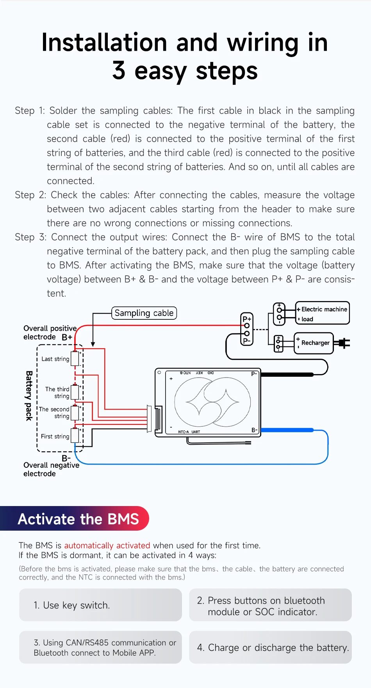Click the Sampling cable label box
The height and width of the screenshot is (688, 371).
(x=144, y=313)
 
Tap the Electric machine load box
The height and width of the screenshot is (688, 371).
(x=322, y=313)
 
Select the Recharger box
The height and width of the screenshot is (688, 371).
(x=314, y=343)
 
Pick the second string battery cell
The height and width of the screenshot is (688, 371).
(x=75, y=413)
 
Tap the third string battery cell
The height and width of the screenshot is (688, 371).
(x=75, y=392)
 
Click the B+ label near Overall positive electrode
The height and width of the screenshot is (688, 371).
(x=67, y=337)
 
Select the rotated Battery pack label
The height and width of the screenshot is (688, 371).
(x=29, y=396)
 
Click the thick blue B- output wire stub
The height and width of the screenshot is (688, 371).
(x=287, y=430)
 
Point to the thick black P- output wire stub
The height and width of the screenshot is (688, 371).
(x=287, y=374)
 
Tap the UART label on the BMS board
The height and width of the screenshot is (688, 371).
(x=196, y=432)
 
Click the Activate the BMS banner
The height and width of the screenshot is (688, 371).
(x=78, y=519)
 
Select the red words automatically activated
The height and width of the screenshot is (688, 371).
(x=107, y=545)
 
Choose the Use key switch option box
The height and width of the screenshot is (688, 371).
(x=100, y=605)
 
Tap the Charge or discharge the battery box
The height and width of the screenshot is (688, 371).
(x=270, y=647)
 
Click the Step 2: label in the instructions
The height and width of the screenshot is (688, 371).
(x=30, y=195)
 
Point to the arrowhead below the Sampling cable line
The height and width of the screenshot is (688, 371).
(x=93, y=344)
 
